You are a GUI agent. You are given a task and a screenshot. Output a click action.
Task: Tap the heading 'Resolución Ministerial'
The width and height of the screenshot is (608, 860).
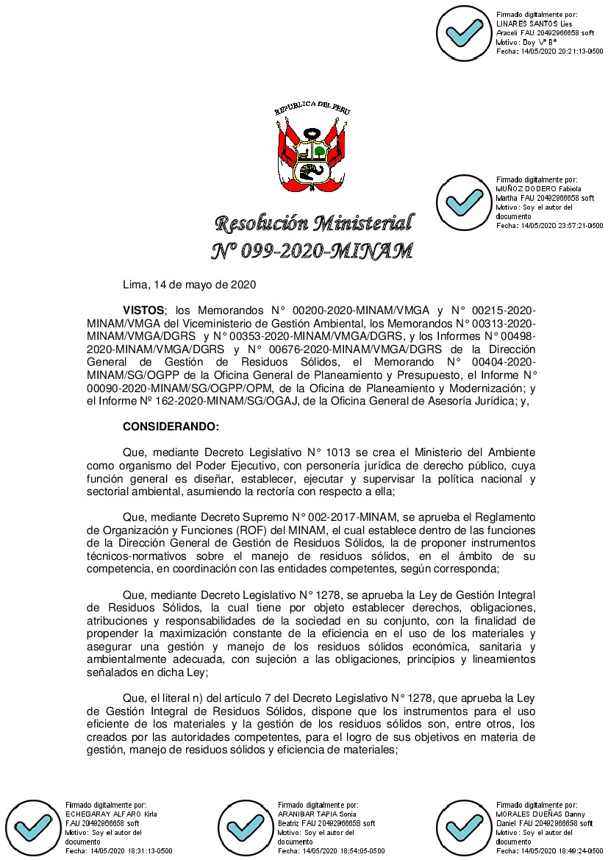coord(312,222)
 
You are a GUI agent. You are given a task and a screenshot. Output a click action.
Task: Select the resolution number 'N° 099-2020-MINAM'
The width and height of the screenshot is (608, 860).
coord(312,252)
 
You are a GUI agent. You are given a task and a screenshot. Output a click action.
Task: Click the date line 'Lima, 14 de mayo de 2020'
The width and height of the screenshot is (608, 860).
coord(189,284)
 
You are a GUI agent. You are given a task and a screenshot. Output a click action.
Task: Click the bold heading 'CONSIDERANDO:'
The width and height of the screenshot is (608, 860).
coord(171,426)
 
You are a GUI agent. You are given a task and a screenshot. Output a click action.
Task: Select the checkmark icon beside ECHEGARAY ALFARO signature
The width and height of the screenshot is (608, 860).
coord(33,827)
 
